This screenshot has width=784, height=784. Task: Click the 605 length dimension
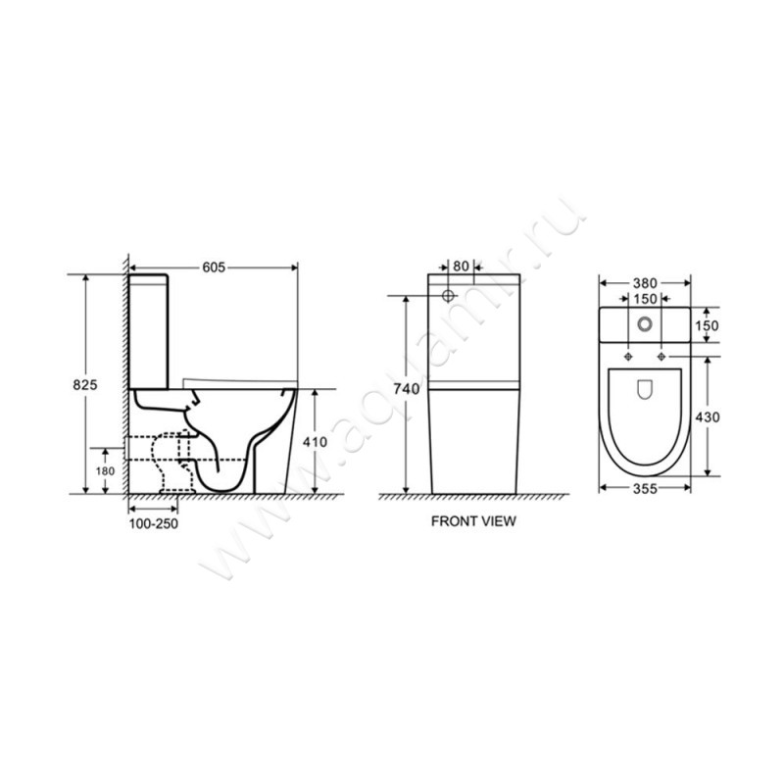click(x=215, y=266)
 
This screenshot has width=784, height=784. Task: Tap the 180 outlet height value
click(x=106, y=471)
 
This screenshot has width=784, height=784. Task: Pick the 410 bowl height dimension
click(x=315, y=442)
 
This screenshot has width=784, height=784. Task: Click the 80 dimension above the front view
click(x=461, y=266)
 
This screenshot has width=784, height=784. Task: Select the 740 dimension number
click(x=407, y=390)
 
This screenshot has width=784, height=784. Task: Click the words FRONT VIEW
click(x=473, y=522)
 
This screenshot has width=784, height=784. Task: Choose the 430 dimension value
click(x=709, y=417)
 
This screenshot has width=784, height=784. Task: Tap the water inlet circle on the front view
click(x=448, y=295)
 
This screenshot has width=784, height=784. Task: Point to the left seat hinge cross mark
click(x=626, y=354)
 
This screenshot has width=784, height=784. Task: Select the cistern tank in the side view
click(x=152, y=328)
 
